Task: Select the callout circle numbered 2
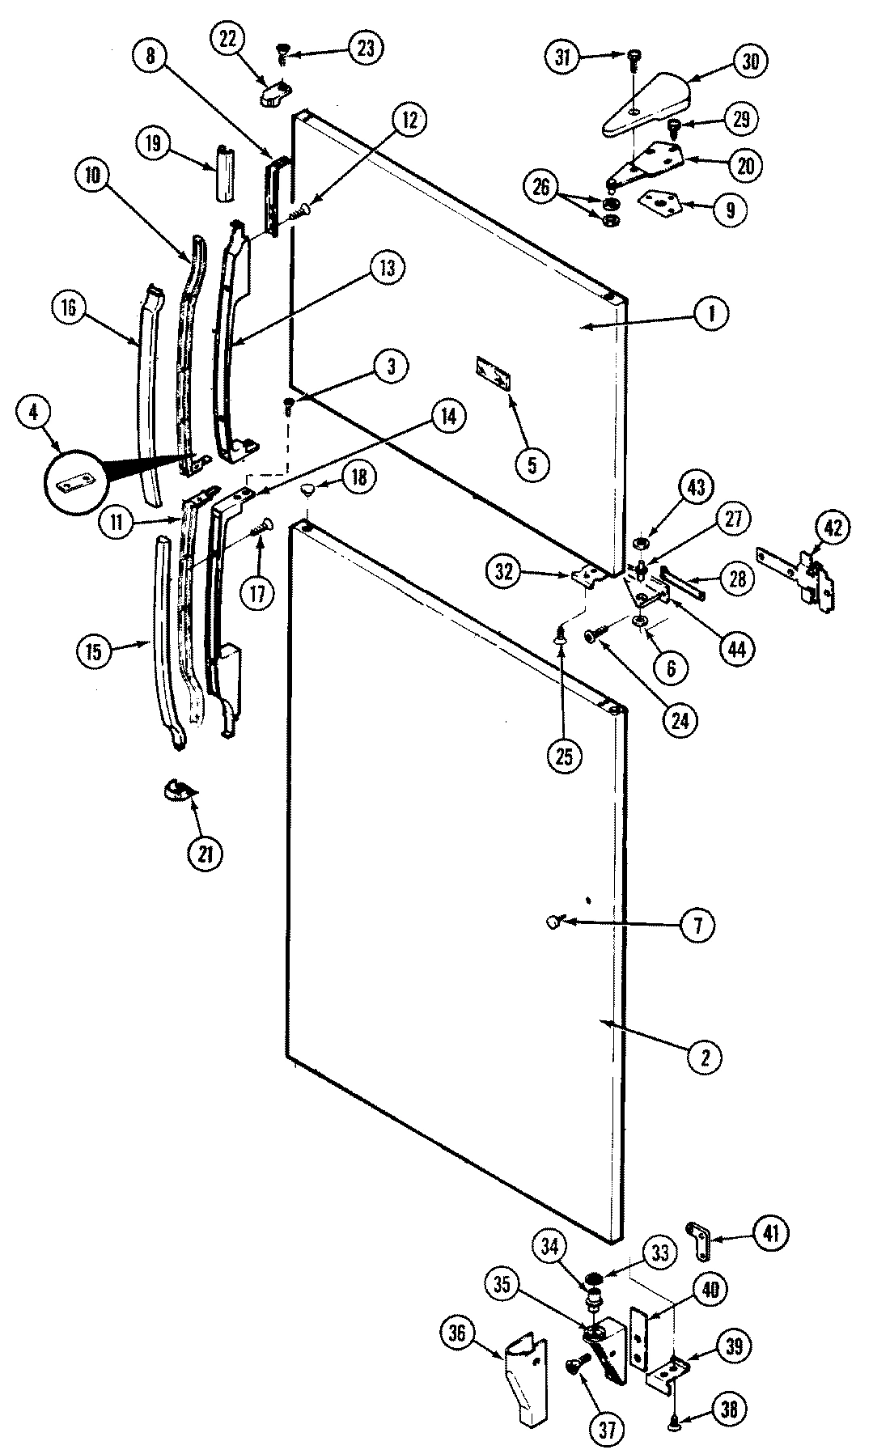tap(705, 1056)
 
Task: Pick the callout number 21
tap(206, 853)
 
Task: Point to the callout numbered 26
tap(541, 189)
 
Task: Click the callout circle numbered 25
tap(564, 757)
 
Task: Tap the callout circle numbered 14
tap(447, 417)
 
